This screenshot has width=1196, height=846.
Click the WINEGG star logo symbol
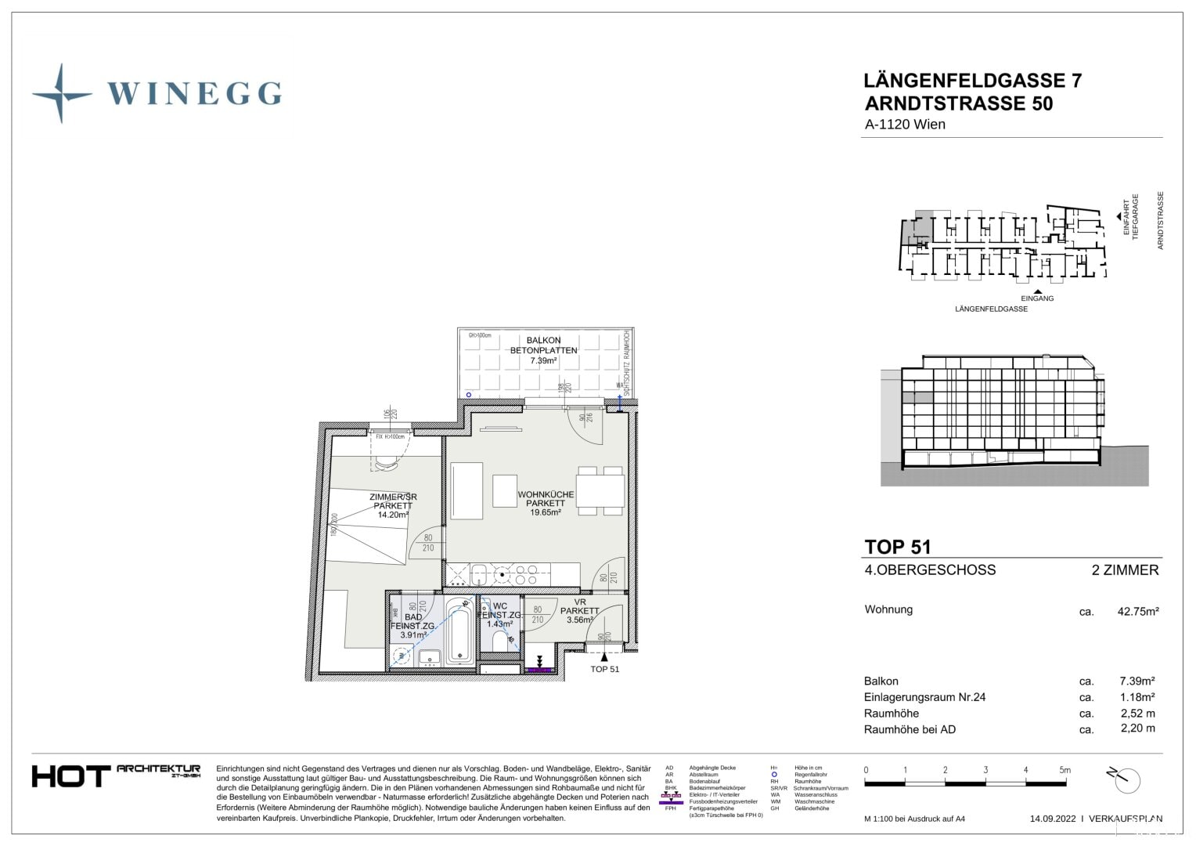61,94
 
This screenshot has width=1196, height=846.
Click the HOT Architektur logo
116,775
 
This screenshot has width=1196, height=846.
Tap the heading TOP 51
897,547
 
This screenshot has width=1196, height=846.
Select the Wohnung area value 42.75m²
1137,611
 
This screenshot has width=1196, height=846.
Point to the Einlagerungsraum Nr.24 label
924,697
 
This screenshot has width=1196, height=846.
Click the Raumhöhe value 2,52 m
1137,714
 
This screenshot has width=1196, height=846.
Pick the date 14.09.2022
1053,819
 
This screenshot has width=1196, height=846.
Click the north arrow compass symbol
1126,779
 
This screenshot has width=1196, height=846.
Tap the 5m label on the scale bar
1065,770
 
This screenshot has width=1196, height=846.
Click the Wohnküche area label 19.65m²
546,512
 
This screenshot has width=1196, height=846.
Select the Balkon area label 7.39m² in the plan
543,361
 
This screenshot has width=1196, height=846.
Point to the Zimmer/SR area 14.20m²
393,515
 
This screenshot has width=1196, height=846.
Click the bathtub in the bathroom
459,631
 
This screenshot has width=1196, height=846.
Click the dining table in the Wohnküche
600,491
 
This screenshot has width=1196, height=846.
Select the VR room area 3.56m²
580,620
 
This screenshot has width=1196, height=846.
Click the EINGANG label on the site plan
1037,298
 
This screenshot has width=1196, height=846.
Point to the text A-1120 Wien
905,125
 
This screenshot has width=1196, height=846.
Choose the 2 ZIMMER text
1125,570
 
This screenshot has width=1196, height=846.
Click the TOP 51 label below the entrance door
604,669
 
